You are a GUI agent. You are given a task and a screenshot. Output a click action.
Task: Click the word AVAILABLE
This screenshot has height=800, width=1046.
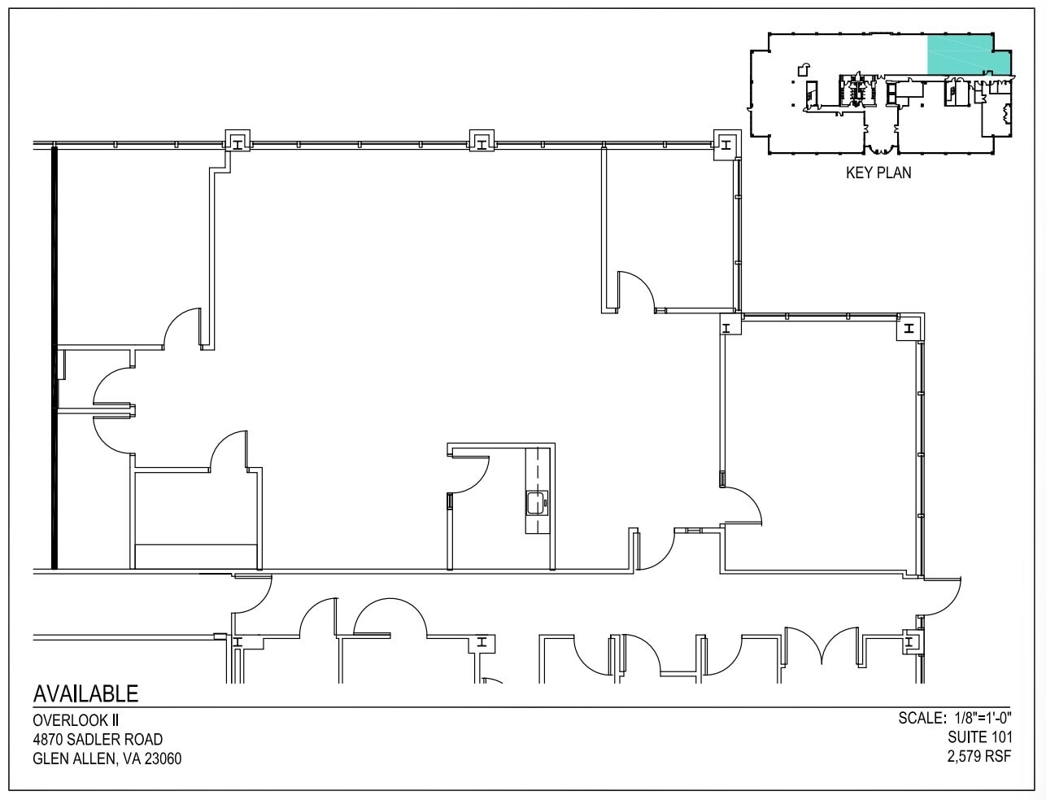[85, 693]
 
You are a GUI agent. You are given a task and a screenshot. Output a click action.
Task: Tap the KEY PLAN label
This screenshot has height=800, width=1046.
[878, 173]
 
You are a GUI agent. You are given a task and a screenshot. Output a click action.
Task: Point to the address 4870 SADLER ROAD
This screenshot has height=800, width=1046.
[98, 740]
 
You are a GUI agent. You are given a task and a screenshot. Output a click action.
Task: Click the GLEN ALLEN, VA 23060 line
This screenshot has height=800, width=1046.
[107, 759]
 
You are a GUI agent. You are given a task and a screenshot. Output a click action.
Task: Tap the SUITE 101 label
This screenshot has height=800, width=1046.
[979, 737]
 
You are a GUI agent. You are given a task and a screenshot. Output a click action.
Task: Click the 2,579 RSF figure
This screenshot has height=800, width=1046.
[978, 757]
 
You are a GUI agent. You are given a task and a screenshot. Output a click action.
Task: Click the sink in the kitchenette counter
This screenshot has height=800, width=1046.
[537, 502]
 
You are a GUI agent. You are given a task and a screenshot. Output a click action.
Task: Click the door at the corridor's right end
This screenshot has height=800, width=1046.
[942, 598]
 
